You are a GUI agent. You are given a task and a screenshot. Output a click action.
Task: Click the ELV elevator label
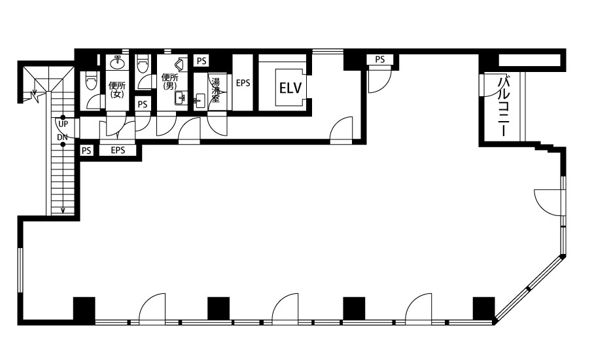point(290,88)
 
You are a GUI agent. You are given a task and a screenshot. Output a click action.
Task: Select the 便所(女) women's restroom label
point(117,90)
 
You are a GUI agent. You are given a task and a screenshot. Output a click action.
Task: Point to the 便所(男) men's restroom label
point(169,81)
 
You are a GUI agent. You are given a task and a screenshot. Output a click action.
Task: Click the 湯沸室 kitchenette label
point(215,90)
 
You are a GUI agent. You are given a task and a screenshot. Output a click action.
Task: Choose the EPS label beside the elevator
point(243,82)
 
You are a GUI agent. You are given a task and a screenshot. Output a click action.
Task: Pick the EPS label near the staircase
point(118,150)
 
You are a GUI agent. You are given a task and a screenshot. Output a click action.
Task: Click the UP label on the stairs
point(63,124)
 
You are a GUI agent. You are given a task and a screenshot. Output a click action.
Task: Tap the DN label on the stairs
point(63,137)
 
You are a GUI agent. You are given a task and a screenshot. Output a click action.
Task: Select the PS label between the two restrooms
point(143,104)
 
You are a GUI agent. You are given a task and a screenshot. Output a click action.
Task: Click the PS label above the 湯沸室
point(201,61)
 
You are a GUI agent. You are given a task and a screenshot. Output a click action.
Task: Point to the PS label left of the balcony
point(380,60)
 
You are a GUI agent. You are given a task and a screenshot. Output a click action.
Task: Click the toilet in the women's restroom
point(92,81)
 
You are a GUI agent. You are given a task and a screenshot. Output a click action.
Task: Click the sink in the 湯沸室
point(200,100)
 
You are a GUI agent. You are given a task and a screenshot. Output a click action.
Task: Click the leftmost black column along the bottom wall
point(84,308)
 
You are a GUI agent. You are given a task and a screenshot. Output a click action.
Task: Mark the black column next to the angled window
point(483,308)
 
